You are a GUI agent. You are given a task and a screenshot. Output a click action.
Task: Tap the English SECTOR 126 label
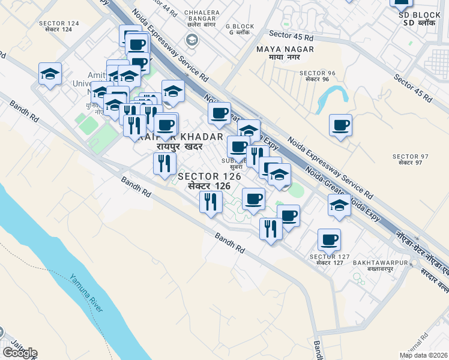[209, 176]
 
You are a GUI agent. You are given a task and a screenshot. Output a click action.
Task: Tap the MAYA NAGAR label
[285, 50]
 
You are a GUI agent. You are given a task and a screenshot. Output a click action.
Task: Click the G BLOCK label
[240, 26]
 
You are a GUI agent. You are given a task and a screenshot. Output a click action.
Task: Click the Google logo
[19, 353]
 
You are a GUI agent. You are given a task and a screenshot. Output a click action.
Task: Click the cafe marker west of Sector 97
[340, 125]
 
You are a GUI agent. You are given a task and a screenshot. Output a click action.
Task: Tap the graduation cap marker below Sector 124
[50, 74]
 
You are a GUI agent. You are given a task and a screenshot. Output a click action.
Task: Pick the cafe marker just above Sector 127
[329, 240]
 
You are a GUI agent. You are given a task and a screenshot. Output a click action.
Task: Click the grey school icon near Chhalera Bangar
[192, 40]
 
